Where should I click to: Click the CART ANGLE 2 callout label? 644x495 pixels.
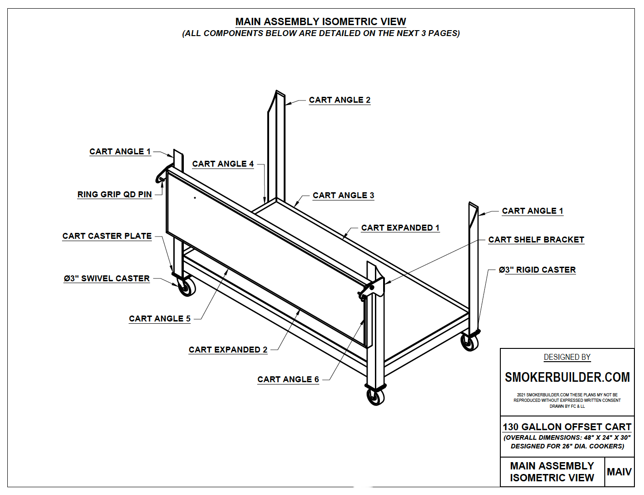[339, 100]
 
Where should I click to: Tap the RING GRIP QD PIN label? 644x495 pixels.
[114, 195]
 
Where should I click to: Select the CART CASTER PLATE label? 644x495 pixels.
[107, 236]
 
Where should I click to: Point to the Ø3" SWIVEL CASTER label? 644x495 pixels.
[107, 279]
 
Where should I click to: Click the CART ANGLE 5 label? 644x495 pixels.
[160, 319]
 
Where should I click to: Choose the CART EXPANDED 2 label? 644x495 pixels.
[228, 350]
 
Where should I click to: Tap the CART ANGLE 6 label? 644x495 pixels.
[288, 379]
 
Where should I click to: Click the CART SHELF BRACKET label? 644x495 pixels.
[536, 240]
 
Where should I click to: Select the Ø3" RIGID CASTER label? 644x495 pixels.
[537, 270]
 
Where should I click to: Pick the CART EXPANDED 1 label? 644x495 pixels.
[400, 228]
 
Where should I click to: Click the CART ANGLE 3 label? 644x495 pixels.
[343, 195]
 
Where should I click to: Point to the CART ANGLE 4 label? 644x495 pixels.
[223, 164]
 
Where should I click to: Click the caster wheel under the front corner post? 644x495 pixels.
[375, 397]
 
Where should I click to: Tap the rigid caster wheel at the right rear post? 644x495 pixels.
[469, 342]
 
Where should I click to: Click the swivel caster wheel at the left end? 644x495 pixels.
[187, 287]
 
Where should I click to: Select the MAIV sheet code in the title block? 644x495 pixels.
[619, 472]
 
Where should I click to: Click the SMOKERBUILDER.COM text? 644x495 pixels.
[567, 378]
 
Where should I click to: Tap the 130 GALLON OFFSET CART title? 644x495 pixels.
[567, 427]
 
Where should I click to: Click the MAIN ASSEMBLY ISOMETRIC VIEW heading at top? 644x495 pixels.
[321, 22]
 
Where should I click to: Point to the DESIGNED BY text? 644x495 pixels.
[567, 357]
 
